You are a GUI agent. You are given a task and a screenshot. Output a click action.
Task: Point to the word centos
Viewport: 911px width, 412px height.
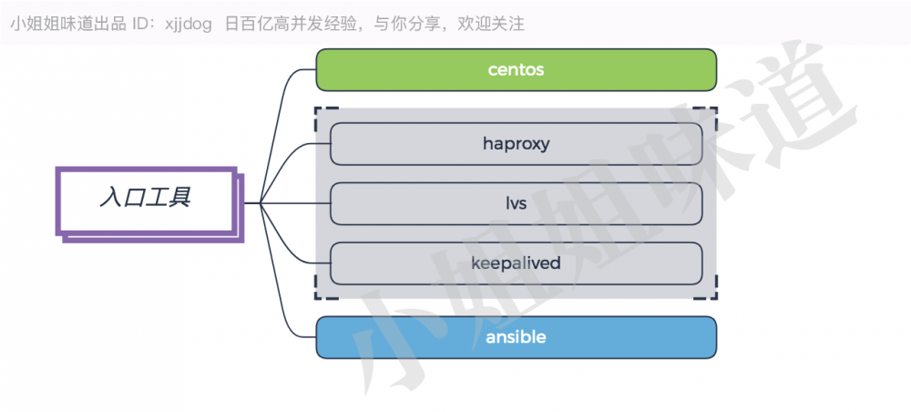[x=516, y=70]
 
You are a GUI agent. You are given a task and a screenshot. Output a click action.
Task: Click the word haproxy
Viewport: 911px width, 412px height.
[x=516, y=143]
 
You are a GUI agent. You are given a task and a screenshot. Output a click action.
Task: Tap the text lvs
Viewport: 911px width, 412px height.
[x=517, y=203]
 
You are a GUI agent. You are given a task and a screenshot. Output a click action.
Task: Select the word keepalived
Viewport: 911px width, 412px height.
[x=516, y=263]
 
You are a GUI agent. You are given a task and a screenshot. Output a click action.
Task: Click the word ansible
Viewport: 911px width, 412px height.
[x=516, y=337]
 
